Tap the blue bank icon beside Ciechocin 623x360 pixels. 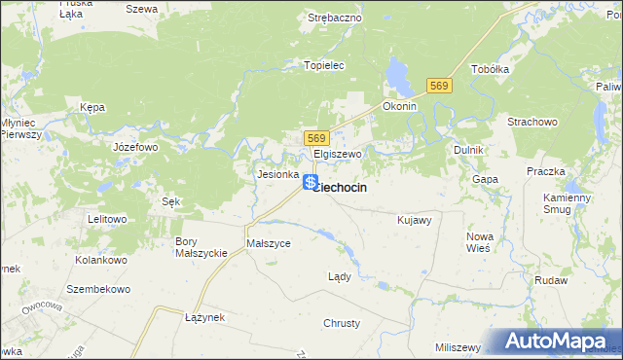tap(310, 182)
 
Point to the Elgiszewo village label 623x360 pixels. tap(338, 154)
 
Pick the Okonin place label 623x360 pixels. tap(399, 106)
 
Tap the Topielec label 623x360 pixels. tap(325, 65)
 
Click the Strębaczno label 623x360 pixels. tap(335, 17)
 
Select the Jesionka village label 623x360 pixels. tap(276, 174)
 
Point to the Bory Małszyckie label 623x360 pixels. tap(200, 246)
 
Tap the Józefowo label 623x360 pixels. tap(135, 147)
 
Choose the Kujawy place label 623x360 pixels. tap(414, 220)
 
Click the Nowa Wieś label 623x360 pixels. tap(480, 242)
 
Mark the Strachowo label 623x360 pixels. tap(531, 122)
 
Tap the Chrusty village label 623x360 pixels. tap(342, 322)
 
